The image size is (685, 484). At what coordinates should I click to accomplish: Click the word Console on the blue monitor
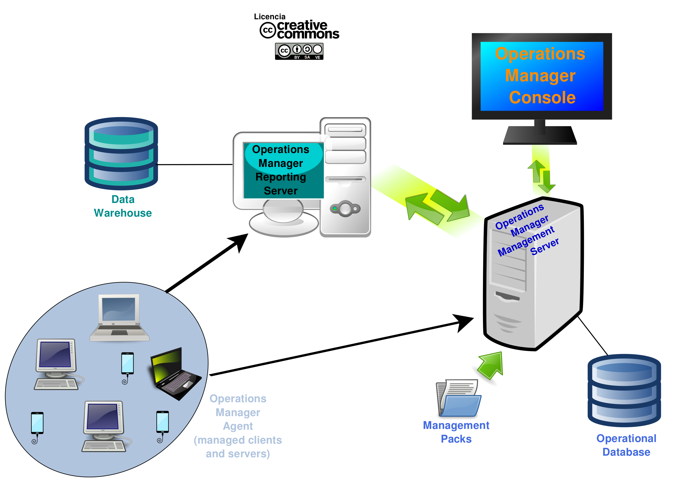(x=542, y=98)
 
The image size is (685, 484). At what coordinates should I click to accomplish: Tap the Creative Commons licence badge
(x=299, y=51)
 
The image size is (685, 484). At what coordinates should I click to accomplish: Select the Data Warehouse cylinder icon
(x=121, y=153)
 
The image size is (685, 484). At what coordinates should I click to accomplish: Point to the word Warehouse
(x=123, y=213)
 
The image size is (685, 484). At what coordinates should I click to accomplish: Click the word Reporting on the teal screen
(x=281, y=177)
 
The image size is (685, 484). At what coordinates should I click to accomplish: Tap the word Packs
(x=456, y=439)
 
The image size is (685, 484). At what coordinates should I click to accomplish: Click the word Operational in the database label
(x=626, y=438)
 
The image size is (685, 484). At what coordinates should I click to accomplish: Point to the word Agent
(x=238, y=426)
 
